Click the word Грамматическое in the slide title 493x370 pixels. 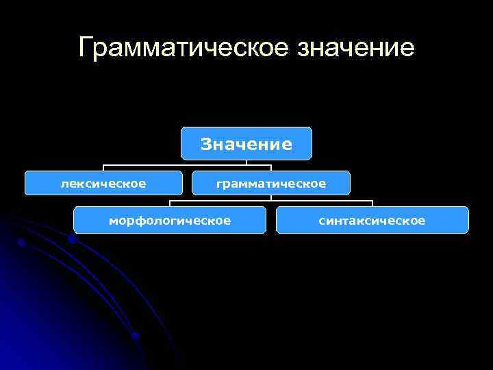point(183,48)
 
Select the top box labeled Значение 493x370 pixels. point(246,144)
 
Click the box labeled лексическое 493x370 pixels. point(103,183)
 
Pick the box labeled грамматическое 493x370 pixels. point(271,183)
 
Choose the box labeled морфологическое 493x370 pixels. point(170,220)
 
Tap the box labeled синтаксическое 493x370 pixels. point(372,220)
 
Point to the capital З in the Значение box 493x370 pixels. point(205,144)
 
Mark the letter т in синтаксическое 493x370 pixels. point(349,221)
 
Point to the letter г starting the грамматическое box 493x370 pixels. point(219,184)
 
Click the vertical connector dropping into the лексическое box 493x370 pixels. point(103,168)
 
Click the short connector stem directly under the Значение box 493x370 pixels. point(246,162)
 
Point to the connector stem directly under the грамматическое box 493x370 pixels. point(271,198)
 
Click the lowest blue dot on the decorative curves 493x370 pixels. point(136,336)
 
